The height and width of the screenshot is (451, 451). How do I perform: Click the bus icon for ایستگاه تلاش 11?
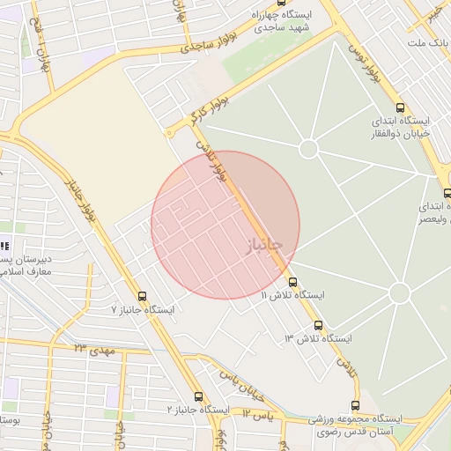tap(292, 283)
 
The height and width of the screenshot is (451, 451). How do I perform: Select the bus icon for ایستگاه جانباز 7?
tap(142, 296)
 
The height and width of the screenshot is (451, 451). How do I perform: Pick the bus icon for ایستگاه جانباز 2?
tap(199, 396)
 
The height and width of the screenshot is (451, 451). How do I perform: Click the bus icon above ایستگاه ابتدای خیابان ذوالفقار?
tap(401, 106)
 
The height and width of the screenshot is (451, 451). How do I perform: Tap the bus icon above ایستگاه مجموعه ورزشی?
tap(355, 405)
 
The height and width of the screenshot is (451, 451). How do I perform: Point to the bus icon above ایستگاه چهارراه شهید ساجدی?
tap(281, 3)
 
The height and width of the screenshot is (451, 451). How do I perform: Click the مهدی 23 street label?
tap(95, 349)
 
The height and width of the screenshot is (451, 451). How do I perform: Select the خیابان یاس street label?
tap(243, 378)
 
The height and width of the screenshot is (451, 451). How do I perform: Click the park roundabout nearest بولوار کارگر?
tap(308, 149)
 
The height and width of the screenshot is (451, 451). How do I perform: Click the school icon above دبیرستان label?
tap(4, 248)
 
